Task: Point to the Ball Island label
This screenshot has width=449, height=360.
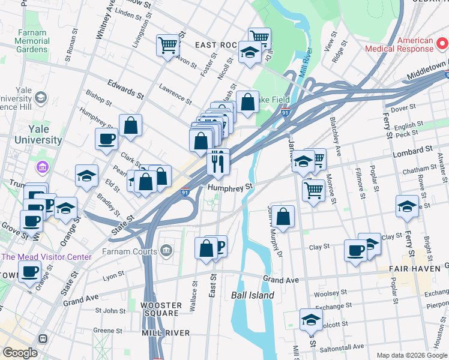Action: (253, 295)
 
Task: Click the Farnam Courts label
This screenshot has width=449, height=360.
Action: (130, 250)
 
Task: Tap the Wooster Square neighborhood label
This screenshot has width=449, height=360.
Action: (160, 309)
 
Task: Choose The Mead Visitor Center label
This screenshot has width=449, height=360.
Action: (47, 257)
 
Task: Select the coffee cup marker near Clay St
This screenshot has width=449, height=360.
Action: (355, 250)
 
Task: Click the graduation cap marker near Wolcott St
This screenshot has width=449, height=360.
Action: (310, 320)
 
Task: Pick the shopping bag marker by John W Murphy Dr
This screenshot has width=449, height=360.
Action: (283, 216)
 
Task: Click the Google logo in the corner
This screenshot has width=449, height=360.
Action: (20, 353)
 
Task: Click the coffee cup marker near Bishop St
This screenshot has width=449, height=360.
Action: (106, 139)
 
